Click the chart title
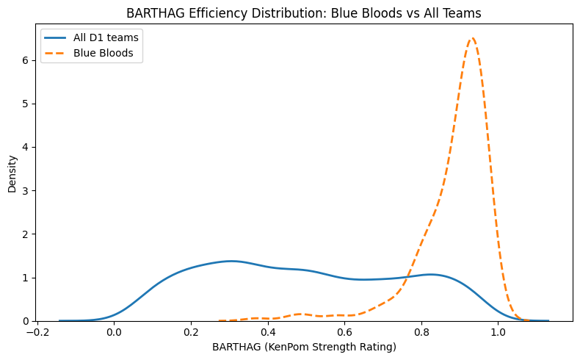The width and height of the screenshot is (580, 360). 303,13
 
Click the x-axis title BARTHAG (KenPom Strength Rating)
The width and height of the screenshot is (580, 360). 303,346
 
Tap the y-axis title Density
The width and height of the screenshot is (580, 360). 12,173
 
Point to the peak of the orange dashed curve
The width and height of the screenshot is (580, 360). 472,38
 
